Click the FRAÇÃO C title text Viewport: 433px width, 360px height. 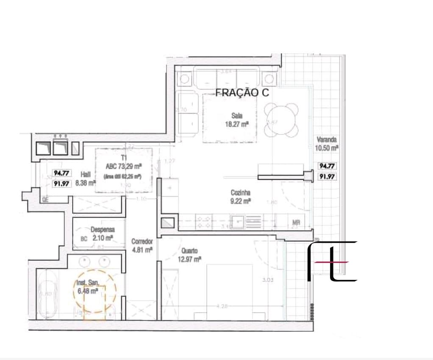coord(242,93)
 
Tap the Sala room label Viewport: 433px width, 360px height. coord(237,115)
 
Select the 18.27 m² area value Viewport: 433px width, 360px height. coord(237,124)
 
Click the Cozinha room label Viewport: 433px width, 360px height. coord(240,193)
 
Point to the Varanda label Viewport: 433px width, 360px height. coord(327,139)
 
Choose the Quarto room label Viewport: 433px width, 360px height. coord(189,251)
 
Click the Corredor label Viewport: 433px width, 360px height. coord(142,241)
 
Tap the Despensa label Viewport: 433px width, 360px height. coord(102,230)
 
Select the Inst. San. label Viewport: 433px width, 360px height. coord(88,283)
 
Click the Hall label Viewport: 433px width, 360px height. coord(85,174)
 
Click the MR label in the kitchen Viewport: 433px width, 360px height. coord(296,222)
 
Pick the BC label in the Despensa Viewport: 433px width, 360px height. coord(84,239)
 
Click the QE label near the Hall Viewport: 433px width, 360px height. coord(44,200)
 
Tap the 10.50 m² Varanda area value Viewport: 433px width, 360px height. coord(327,148)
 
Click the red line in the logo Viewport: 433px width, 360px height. coord(337,262)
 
